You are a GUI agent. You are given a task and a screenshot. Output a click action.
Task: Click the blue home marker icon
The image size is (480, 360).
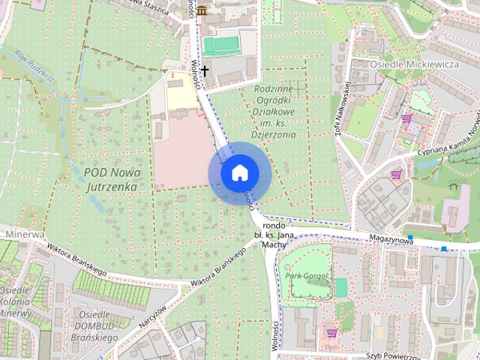coord(239,172)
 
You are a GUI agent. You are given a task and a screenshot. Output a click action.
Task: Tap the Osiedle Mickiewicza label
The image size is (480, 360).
coord(414,64)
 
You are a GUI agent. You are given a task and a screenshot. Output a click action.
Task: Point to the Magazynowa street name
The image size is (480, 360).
coord(392,239)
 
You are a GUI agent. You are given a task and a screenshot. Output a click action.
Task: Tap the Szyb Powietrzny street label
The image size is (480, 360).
coord(396,355)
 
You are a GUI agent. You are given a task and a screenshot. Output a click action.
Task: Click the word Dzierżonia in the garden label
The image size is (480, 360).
coord(273,135)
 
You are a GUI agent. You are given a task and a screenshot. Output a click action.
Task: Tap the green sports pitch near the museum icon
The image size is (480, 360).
coord(219,46)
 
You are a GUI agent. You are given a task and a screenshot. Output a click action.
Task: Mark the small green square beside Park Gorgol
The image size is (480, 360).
coord(341,287)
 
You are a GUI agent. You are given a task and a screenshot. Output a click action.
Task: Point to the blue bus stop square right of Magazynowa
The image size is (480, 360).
coord(445,248)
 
